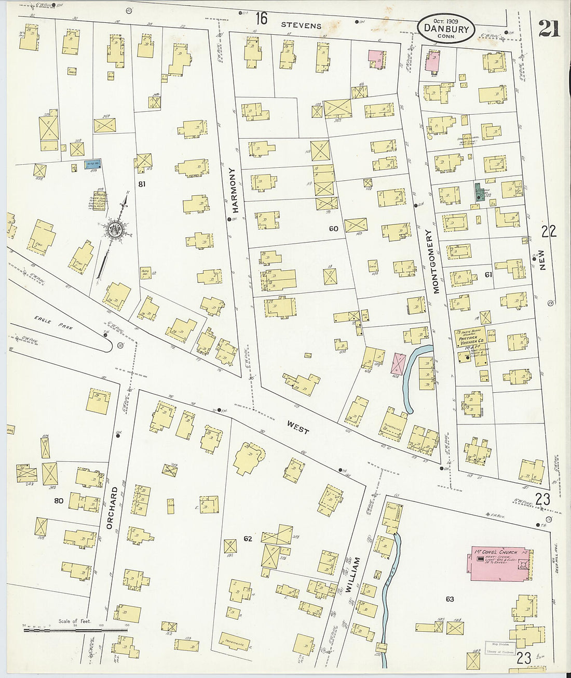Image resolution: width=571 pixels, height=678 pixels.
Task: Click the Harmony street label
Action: coord(234,190)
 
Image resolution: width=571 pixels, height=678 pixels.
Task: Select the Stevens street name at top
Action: coord(302,25)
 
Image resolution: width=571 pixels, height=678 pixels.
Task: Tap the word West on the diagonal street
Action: coord(298,427)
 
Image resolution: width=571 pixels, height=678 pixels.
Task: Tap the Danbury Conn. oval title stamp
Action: coord(446,29)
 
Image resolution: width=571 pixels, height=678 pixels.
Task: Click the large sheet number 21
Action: coord(549,29)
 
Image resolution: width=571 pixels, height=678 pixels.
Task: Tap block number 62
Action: coord(248,539)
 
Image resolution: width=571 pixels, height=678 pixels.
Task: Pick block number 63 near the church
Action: coord(450,599)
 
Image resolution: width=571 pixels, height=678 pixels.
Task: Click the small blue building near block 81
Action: coord(93,165)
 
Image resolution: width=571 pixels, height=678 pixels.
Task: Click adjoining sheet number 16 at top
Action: coord(261,19)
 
